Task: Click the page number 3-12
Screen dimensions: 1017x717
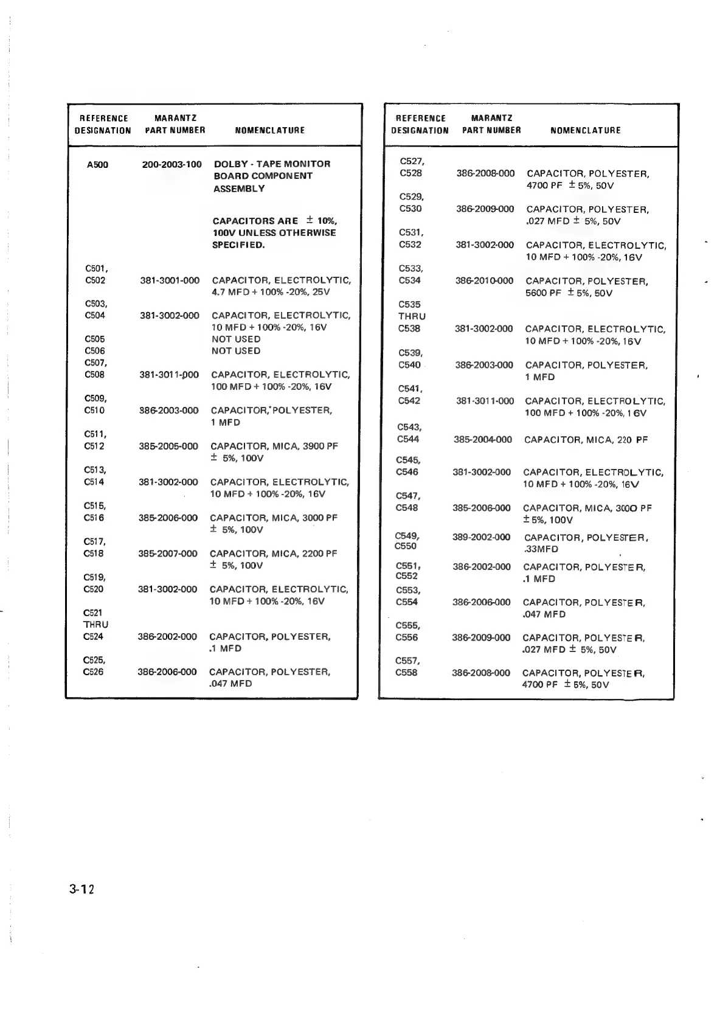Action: click(82, 889)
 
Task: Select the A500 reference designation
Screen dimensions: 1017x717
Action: click(98, 164)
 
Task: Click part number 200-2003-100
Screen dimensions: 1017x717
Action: click(171, 164)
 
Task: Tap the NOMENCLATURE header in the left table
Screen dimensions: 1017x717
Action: click(269, 130)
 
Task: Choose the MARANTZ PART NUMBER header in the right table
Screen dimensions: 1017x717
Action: click(491, 124)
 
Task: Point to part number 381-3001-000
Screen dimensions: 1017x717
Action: click(170, 280)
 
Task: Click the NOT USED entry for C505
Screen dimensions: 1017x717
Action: click(236, 339)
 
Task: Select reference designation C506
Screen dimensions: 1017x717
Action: click(95, 351)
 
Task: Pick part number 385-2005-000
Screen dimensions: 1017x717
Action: click(168, 446)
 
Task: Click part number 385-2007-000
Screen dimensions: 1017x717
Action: click(168, 554)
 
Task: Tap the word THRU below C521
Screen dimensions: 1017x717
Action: click(96, 625)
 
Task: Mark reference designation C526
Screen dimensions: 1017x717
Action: click(93, 672)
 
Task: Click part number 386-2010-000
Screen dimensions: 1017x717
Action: click(484, 280)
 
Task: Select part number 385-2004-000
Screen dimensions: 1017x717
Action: click(483, 439)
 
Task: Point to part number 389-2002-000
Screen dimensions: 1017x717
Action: click(482, 537)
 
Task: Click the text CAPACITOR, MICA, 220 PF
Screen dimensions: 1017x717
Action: click(586, 439)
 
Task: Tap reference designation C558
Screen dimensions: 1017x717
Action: click(406, 673)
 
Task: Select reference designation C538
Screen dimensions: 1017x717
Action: click(409, 328)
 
